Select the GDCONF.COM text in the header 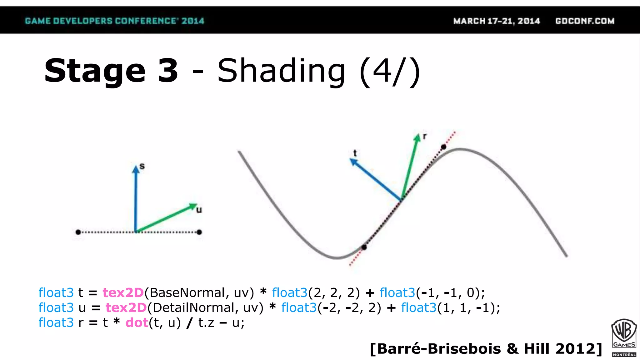[x=585, y=21]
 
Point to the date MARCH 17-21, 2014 [x=497, y=21]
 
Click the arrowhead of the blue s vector [x=136, y=170]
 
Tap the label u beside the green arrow [x=199, y=210]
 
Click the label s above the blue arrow [x=142, y=166]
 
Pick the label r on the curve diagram [x=425, y=136]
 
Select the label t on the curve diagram [x=355, y=153]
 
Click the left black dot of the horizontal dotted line [x=78, y=232]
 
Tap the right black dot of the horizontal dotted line [x=199, y=232]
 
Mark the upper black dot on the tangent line [x=443, y=147]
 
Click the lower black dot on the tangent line [x=364, y=247]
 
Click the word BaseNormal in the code [x=187, y=293]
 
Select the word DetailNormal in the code [x=193, y=308]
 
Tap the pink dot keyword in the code [x=137, y=323]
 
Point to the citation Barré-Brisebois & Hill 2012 [x=486, y=349]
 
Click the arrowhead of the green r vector [x=417, y=138]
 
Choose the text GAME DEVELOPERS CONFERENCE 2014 [x=114, y=21]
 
